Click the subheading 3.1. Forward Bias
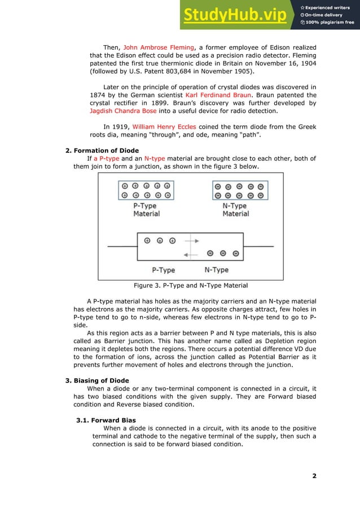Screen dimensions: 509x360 click(106, 420)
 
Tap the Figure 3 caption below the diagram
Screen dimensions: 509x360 click(190, 285)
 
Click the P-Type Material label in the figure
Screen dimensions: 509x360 click(146, 210)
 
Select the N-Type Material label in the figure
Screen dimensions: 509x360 click(236, 210)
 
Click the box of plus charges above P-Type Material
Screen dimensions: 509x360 click(147, 190)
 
